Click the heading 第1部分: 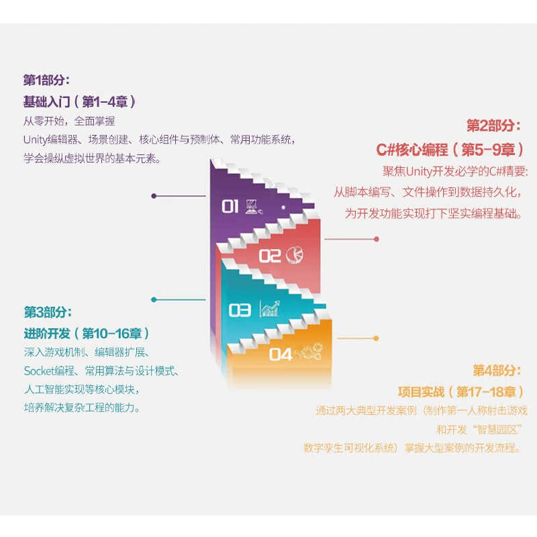46,80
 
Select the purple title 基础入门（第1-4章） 80,102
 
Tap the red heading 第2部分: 493,126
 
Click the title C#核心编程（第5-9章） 450,149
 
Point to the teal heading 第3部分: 47,312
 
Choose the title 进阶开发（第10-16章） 87,334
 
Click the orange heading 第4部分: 497,370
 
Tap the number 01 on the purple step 230,206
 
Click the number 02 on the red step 269,256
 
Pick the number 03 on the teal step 240,310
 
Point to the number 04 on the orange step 281,354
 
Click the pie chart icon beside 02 293,254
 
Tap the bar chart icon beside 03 270,309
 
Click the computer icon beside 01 251,205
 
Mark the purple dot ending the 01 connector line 154,196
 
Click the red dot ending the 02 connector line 377,238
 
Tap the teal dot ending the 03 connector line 154,299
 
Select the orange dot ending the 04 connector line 377,339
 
